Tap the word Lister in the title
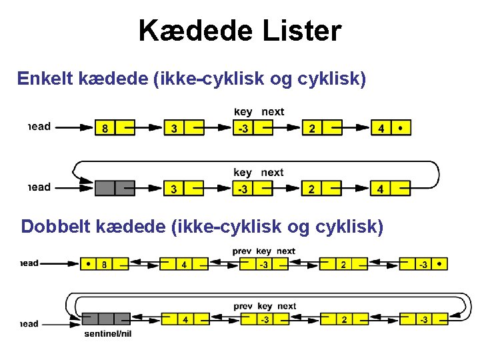(x=299, y=31)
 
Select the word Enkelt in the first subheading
(x=45, y=79)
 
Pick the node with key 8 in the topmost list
(x=115, y=127)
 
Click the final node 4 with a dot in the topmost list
(x=390, y=127)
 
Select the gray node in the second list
(x=115, y=189)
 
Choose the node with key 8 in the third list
(x=105, y=264)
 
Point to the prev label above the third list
(x=241, y=251)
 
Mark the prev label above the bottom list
(x=242, y=307)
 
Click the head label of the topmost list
(x=39, y=127)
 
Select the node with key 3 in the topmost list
(x=183, y=127)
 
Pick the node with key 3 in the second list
(x=183, y=189)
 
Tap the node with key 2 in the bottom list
(x=344, y=319)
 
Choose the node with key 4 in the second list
(x=390, y=189)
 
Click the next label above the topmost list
(x=273, y=112)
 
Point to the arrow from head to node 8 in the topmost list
(x=73, y=127)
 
